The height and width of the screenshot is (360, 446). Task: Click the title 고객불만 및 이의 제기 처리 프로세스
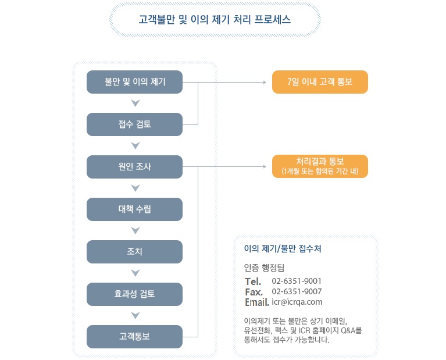tap(215, 19)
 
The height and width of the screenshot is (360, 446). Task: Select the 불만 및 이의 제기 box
tap(134, 82)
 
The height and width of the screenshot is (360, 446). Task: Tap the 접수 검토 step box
tap(134, 124)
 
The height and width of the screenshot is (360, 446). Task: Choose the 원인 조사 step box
tap(134, 167)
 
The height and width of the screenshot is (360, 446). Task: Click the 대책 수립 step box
tap(134, 209)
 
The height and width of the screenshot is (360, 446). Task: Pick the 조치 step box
tap(134, 252)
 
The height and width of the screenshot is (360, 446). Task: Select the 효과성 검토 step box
tap(134, 294)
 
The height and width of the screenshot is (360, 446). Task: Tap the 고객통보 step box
tap(134, 337)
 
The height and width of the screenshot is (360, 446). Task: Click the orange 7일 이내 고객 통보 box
tap(320, 82)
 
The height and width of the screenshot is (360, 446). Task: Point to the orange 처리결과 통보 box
tap(320, 166)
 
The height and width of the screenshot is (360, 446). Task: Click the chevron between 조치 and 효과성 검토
tap(135, 273)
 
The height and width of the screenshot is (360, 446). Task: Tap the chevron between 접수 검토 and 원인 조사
tap(135, 145)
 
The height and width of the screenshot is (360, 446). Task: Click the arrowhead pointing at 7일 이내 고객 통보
tap(265, 82)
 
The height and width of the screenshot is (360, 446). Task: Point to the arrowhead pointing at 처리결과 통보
tap(265, 166)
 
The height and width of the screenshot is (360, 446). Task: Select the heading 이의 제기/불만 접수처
tap(283, 249)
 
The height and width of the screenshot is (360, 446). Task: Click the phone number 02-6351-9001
tap(297, 281)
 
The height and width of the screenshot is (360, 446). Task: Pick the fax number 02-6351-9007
tap(297, 291)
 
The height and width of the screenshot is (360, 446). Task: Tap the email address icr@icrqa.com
tap(297, 302)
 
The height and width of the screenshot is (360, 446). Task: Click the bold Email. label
tap(257, 302)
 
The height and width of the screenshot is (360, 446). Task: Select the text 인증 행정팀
tap(264, 268)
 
